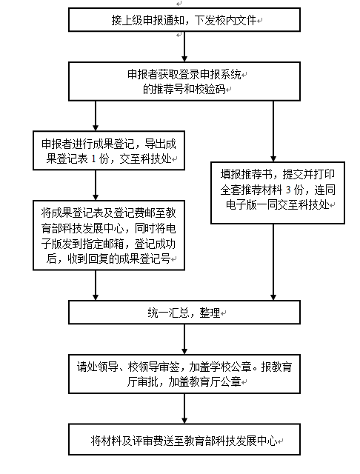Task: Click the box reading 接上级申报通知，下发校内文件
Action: point(184,20)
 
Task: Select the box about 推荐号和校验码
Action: point(184,81)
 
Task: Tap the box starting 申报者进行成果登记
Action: point(109,150)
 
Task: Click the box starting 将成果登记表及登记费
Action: point(109,236)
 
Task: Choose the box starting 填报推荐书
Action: point(278,193)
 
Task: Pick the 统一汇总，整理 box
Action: point(184,313)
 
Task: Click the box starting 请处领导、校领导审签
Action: point(184,374)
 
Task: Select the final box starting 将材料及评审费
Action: point(184,439)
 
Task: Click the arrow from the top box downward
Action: point(184,47)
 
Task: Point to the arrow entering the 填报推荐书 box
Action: point(273,131)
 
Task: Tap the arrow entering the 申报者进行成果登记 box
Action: point(96,116)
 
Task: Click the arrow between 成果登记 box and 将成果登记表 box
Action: point(96,185)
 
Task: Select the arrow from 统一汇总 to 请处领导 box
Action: point(184,339)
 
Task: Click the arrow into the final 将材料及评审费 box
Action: point(184,408)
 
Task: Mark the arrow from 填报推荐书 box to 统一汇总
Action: point(273,262)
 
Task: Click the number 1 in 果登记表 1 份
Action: point(93,158)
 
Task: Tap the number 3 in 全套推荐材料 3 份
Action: point(288,190)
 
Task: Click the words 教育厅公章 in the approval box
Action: point(216,382)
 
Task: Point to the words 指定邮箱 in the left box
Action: point(104,244)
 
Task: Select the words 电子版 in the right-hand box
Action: point(241,205)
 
